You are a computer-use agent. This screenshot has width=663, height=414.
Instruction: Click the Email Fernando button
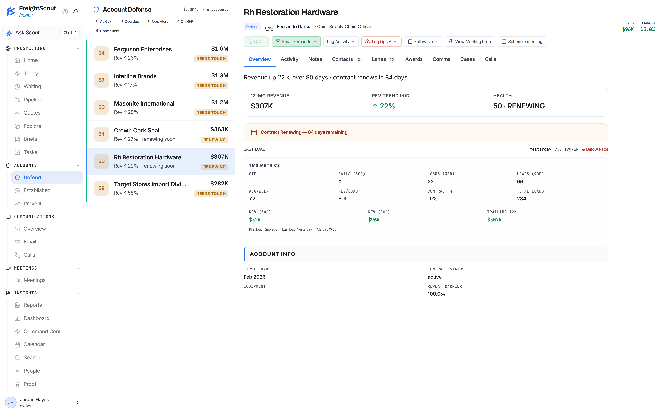click(296, 42)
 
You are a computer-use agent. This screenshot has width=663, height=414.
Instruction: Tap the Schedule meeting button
click(522, 42)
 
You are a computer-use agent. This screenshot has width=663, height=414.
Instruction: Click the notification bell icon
click(76, 11)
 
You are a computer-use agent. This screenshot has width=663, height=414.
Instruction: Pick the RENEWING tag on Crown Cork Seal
click(215, 140)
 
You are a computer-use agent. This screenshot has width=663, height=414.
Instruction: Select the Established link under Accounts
click(37, 190)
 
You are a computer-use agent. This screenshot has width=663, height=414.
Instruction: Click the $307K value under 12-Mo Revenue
click(262, 106)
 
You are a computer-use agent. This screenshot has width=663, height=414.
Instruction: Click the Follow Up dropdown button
click(423, 42)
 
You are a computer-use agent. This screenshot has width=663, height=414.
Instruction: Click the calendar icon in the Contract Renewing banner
click(254, 132)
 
